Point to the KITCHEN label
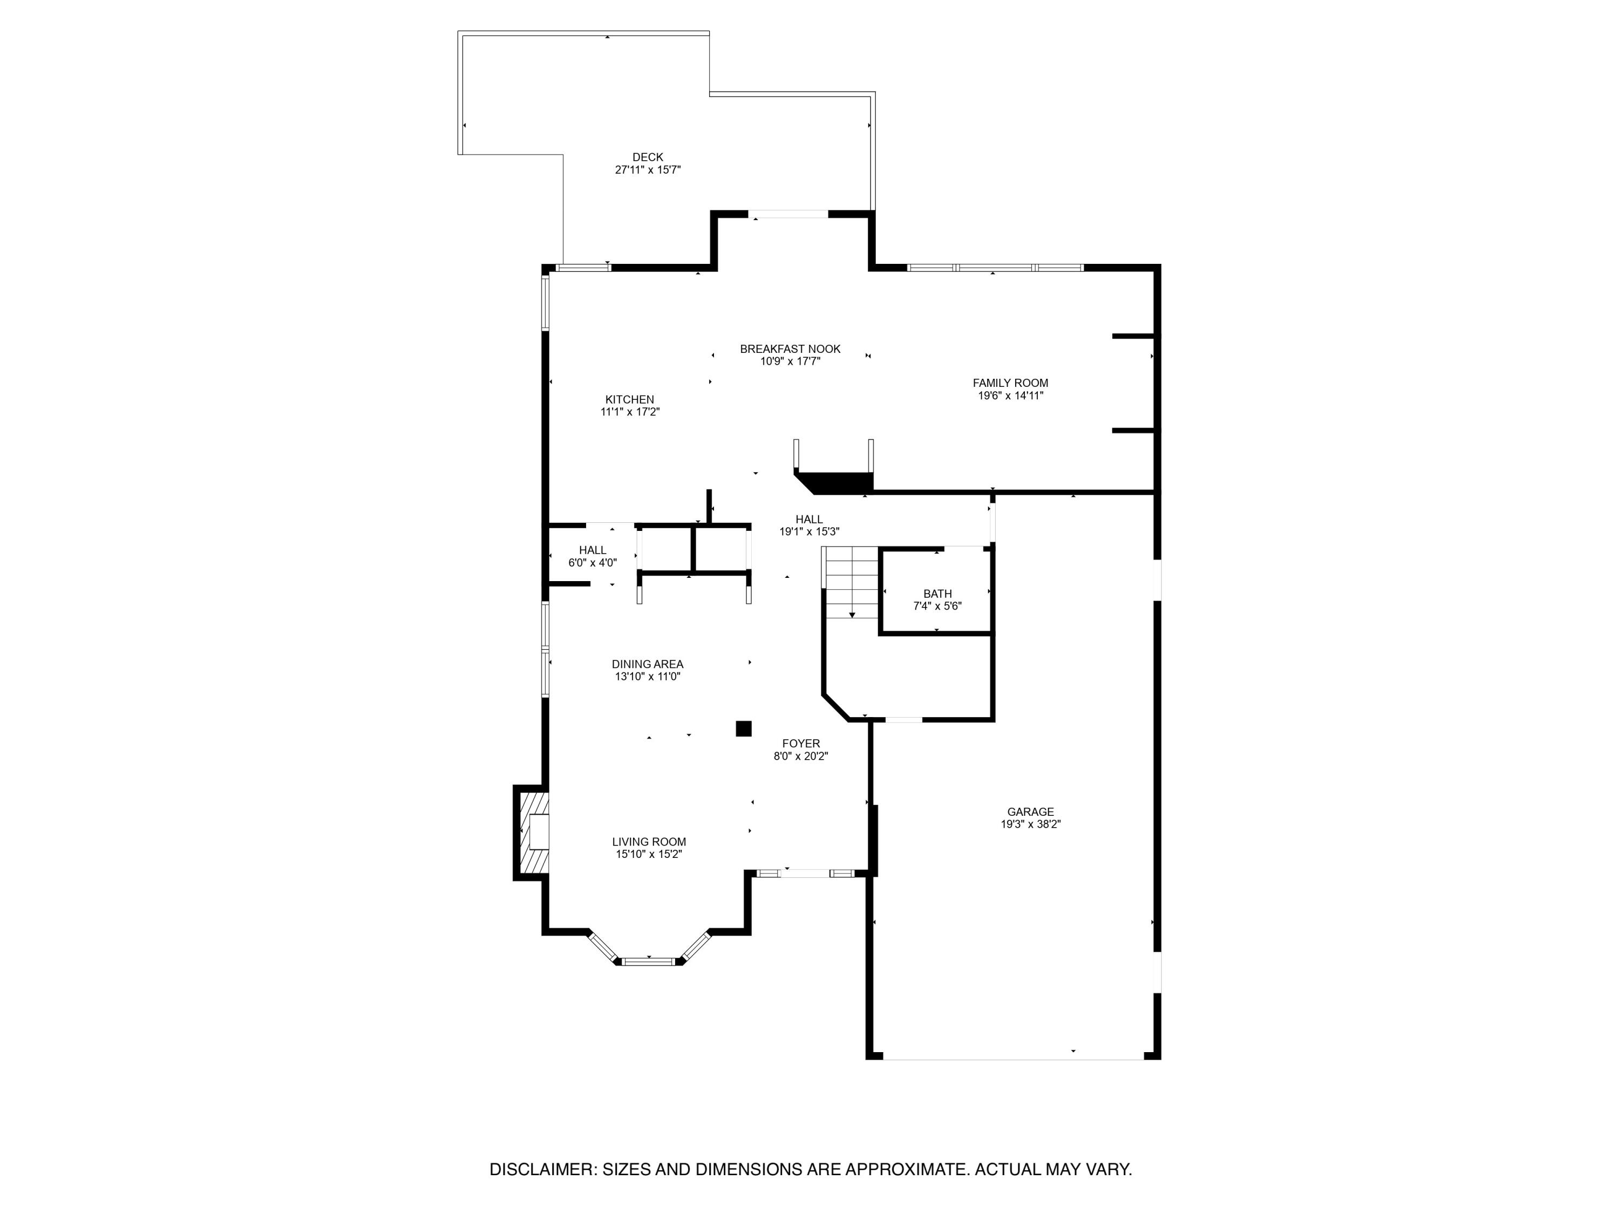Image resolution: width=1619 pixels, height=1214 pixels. [629, 400]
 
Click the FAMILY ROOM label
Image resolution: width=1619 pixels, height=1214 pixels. [1010, 383]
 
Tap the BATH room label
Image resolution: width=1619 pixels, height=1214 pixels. [937, 594]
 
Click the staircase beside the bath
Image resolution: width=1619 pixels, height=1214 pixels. [851, 582]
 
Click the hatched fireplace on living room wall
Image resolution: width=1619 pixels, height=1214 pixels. [532, 832]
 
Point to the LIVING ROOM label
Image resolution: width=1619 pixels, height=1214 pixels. [649, 842]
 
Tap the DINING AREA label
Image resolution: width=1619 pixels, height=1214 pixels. [647, 664]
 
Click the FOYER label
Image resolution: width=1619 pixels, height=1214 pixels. [801, 744]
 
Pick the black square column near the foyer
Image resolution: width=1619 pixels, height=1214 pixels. [743, 728]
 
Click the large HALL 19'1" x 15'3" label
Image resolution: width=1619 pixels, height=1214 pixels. [809, 520]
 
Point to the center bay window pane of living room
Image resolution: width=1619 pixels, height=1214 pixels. [649, 961]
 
